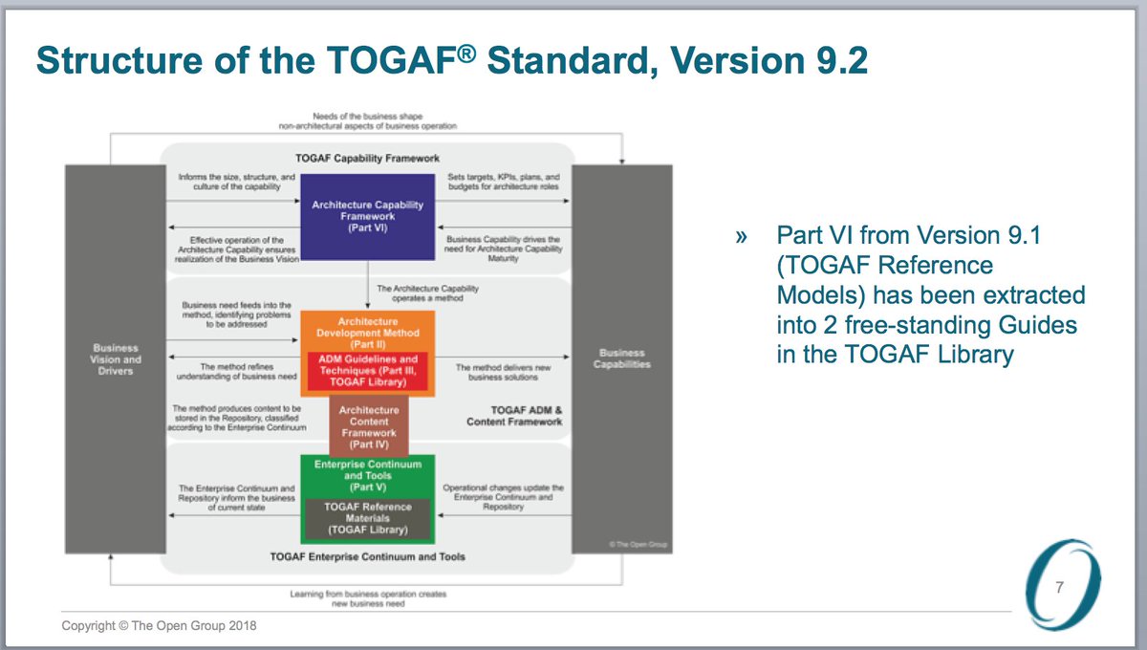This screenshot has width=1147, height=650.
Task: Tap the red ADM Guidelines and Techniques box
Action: [x=368, y=371]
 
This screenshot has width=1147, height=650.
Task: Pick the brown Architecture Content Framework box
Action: [x=369, y=427]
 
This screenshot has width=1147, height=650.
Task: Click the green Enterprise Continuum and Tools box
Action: [x=368, y=474]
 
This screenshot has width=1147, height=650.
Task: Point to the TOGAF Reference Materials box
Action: [x=368, y=518]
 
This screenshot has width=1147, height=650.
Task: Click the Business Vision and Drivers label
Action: [x=116, y=359]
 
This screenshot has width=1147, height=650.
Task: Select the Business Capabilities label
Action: [x=621, y=358]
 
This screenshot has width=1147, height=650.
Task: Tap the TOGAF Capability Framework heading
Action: [x=367, y=158]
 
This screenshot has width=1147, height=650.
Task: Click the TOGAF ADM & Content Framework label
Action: [x=514, y=416]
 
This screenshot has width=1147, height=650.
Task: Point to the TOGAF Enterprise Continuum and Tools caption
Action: [x=368, y=556]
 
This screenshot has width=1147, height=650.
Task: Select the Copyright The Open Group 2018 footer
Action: [x=160, y=626]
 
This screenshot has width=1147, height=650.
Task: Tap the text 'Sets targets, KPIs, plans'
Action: [x=503, y=177]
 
